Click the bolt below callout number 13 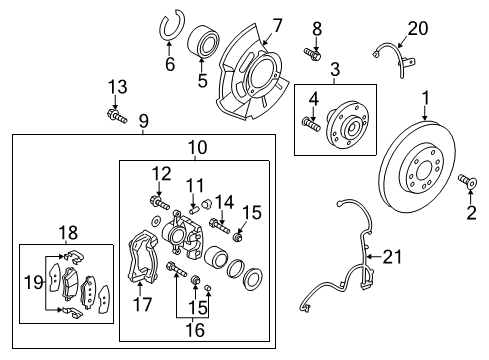click(x=117, y=119)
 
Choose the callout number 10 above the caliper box click(x=198, y=147)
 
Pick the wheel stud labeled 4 click(x=311, y=124)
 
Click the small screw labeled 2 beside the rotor click(x=464, y=181)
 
